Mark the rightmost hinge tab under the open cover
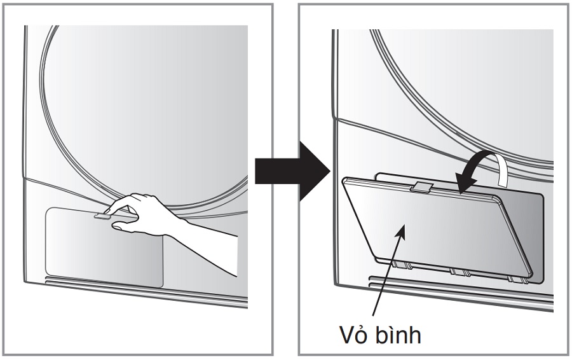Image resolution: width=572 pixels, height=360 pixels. point(514,279)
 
